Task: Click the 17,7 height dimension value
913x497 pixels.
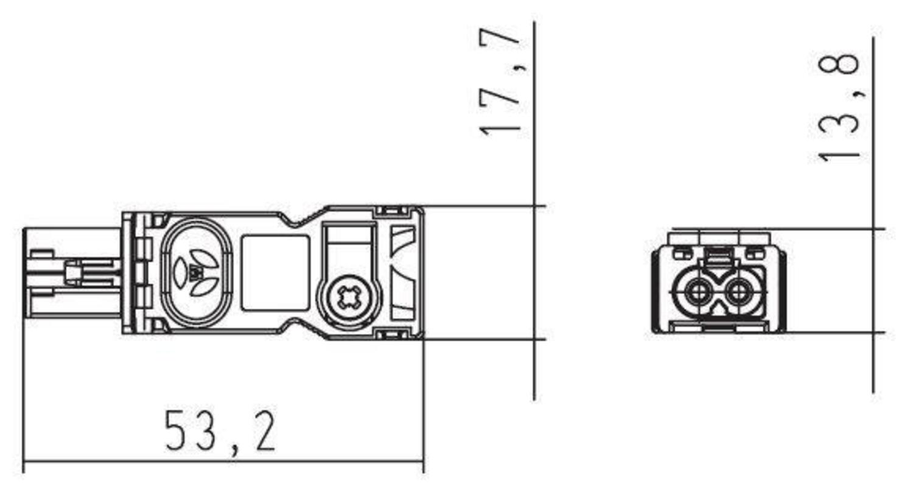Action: [x=500, y=82]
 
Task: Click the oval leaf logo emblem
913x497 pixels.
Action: [x=197, y=272]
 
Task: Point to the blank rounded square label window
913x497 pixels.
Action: [x=276, y=273]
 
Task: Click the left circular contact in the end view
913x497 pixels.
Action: [x=699, y=292]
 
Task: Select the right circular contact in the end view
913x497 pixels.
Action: [x=738, y=292]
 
